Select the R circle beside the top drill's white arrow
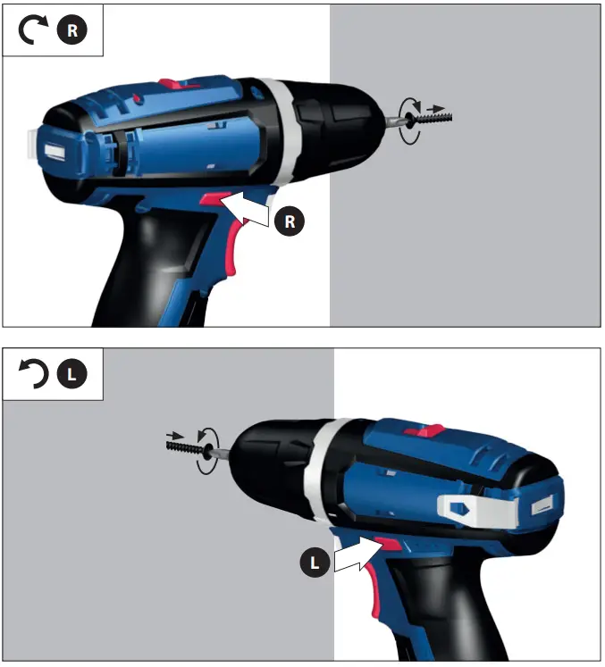click(289, 221)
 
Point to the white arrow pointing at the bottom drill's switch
click(357, 554)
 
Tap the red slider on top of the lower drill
click(425, 430)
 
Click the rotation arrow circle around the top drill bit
click(410, 121)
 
